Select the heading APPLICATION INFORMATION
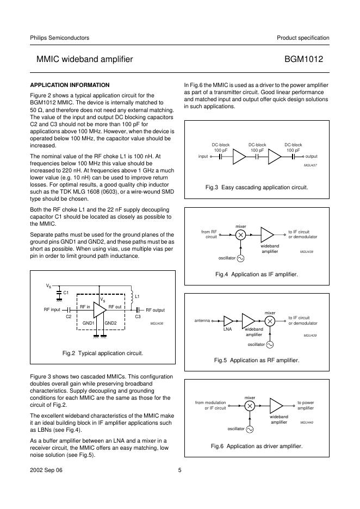click(x=70, y=85)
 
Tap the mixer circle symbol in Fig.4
click(x=240, y=234)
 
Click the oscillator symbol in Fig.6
click(x=250, y=429)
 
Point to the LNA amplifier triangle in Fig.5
click(x=228, y=321)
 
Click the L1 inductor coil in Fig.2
click(x=131, y=297)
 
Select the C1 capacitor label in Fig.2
click(x=66, y=293)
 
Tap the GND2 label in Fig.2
click(x=111, y=323)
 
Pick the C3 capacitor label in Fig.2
click(x=138, y=316)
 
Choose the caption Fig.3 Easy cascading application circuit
click(x=257, y=187)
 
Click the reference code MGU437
click(x=311, y=164)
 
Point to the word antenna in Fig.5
click(x=202, y=321)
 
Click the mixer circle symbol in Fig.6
click(x=250, y=406)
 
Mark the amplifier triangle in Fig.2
click(x=100, y=310)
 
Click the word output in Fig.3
click(x=312, y=157)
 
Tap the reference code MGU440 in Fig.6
click(x=307, y=423)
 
